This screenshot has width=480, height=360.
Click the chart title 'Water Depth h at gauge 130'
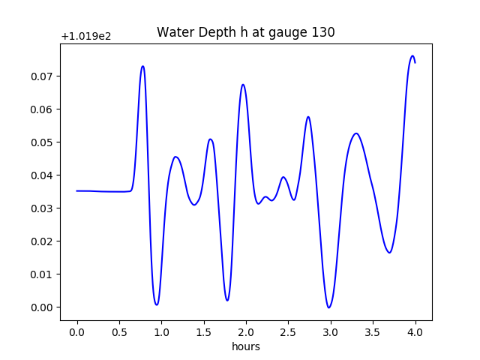coord(245,32)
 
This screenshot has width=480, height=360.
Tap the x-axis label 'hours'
coord(246,346)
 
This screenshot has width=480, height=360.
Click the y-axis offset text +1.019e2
coord(85,36)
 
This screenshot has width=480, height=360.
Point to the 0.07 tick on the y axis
coord(43,76)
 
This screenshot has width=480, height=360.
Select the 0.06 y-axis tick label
coord(43,109)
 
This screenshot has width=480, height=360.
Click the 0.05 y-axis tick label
coord(43,142)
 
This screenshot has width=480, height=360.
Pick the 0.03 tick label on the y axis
coord(43,208)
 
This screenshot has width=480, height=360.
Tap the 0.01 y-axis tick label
coord(43,274)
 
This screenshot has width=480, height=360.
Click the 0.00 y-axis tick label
coord(43,307)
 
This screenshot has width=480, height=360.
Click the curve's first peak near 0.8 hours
coord(142,66)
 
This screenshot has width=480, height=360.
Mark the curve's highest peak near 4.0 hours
coord(412,55)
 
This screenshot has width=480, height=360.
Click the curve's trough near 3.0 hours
coord(328,307)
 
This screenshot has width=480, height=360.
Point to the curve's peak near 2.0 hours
coord(243,85)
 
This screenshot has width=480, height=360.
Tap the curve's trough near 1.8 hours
coord(227,301)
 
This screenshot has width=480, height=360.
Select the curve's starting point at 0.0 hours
coord(77,190)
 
